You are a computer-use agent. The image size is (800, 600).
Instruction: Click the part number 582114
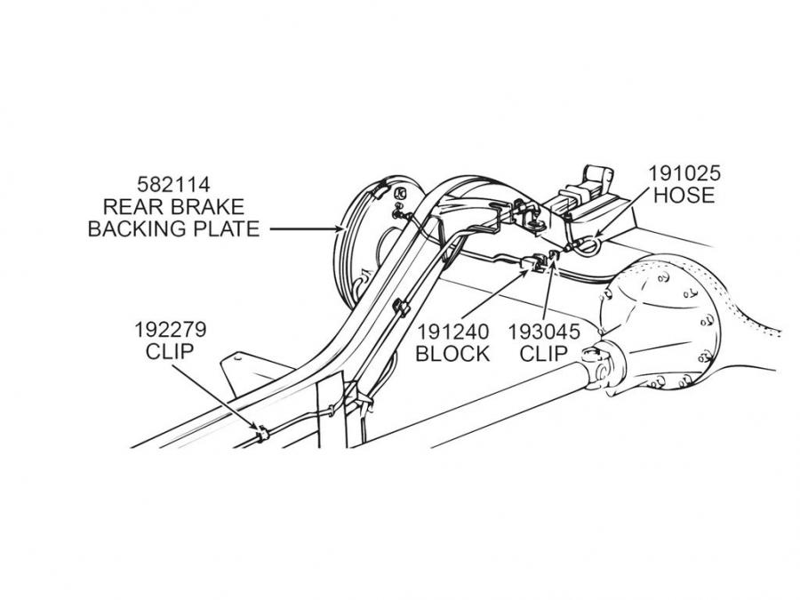pos(173,185)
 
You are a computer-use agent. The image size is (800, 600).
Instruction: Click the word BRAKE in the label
pos(207,207)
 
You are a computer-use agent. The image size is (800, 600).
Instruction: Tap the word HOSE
pos(684,195)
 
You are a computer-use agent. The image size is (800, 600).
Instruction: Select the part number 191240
pos(452,332)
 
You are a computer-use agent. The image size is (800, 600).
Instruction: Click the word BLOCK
pos(452,353)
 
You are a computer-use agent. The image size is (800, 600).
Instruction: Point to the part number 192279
pos(171,330)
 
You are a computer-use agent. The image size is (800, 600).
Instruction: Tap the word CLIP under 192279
pos(170,351)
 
